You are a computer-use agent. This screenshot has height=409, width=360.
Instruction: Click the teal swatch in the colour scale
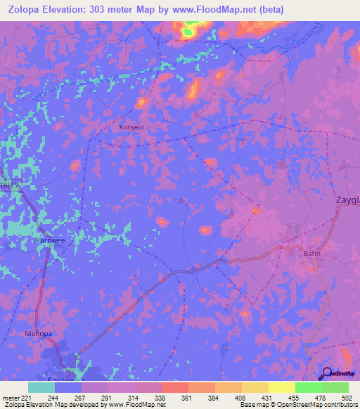(41, 387)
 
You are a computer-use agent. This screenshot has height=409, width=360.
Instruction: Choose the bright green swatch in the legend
(309, 387)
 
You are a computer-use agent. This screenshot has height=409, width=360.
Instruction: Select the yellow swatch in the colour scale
(282, 387)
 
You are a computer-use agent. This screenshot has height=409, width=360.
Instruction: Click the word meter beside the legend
(10, 398)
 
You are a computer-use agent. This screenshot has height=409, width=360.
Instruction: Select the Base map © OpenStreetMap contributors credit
(297, 405)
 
